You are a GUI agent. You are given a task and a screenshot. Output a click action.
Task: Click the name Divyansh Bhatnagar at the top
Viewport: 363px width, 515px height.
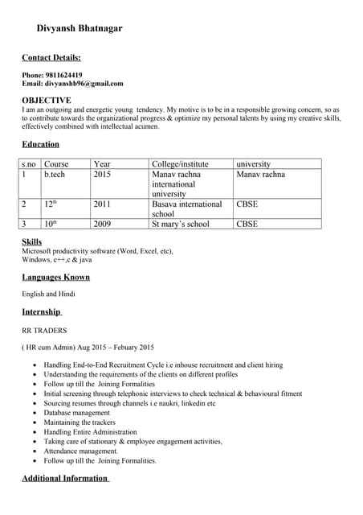tap(80, 28)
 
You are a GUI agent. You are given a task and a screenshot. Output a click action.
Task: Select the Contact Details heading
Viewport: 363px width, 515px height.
tap(51, 58)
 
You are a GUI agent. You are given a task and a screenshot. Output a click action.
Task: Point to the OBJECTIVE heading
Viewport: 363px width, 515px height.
tap(47, 100)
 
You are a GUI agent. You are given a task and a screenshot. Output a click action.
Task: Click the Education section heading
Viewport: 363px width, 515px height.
tap(40, 144)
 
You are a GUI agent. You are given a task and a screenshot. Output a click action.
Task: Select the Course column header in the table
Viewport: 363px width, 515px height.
tap(56, 164)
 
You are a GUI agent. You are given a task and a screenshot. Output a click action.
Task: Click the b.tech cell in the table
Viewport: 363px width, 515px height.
tap(55, 175)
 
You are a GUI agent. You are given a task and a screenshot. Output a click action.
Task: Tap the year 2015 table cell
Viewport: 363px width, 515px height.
tap(102, 175)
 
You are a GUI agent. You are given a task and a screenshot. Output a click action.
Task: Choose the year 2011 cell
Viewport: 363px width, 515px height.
tap(102, 204)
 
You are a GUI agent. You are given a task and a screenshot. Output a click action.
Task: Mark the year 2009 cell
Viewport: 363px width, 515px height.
tap(102, 224)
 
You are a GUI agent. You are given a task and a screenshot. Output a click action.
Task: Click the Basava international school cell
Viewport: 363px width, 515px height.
tap(186, 209)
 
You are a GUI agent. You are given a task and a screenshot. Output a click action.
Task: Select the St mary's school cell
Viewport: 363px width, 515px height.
tap(181, 224)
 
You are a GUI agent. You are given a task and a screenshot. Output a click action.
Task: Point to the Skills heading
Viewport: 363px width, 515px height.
tap(32, 241)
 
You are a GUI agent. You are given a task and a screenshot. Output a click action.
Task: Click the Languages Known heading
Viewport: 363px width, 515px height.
tap(55, 277)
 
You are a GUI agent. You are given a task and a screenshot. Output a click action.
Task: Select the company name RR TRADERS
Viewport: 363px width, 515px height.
tap(44, 330)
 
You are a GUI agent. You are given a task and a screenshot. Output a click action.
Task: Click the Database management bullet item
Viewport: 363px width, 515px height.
tap(76, 413)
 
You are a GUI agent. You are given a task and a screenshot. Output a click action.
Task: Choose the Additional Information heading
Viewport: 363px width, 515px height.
tap(64, 478)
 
